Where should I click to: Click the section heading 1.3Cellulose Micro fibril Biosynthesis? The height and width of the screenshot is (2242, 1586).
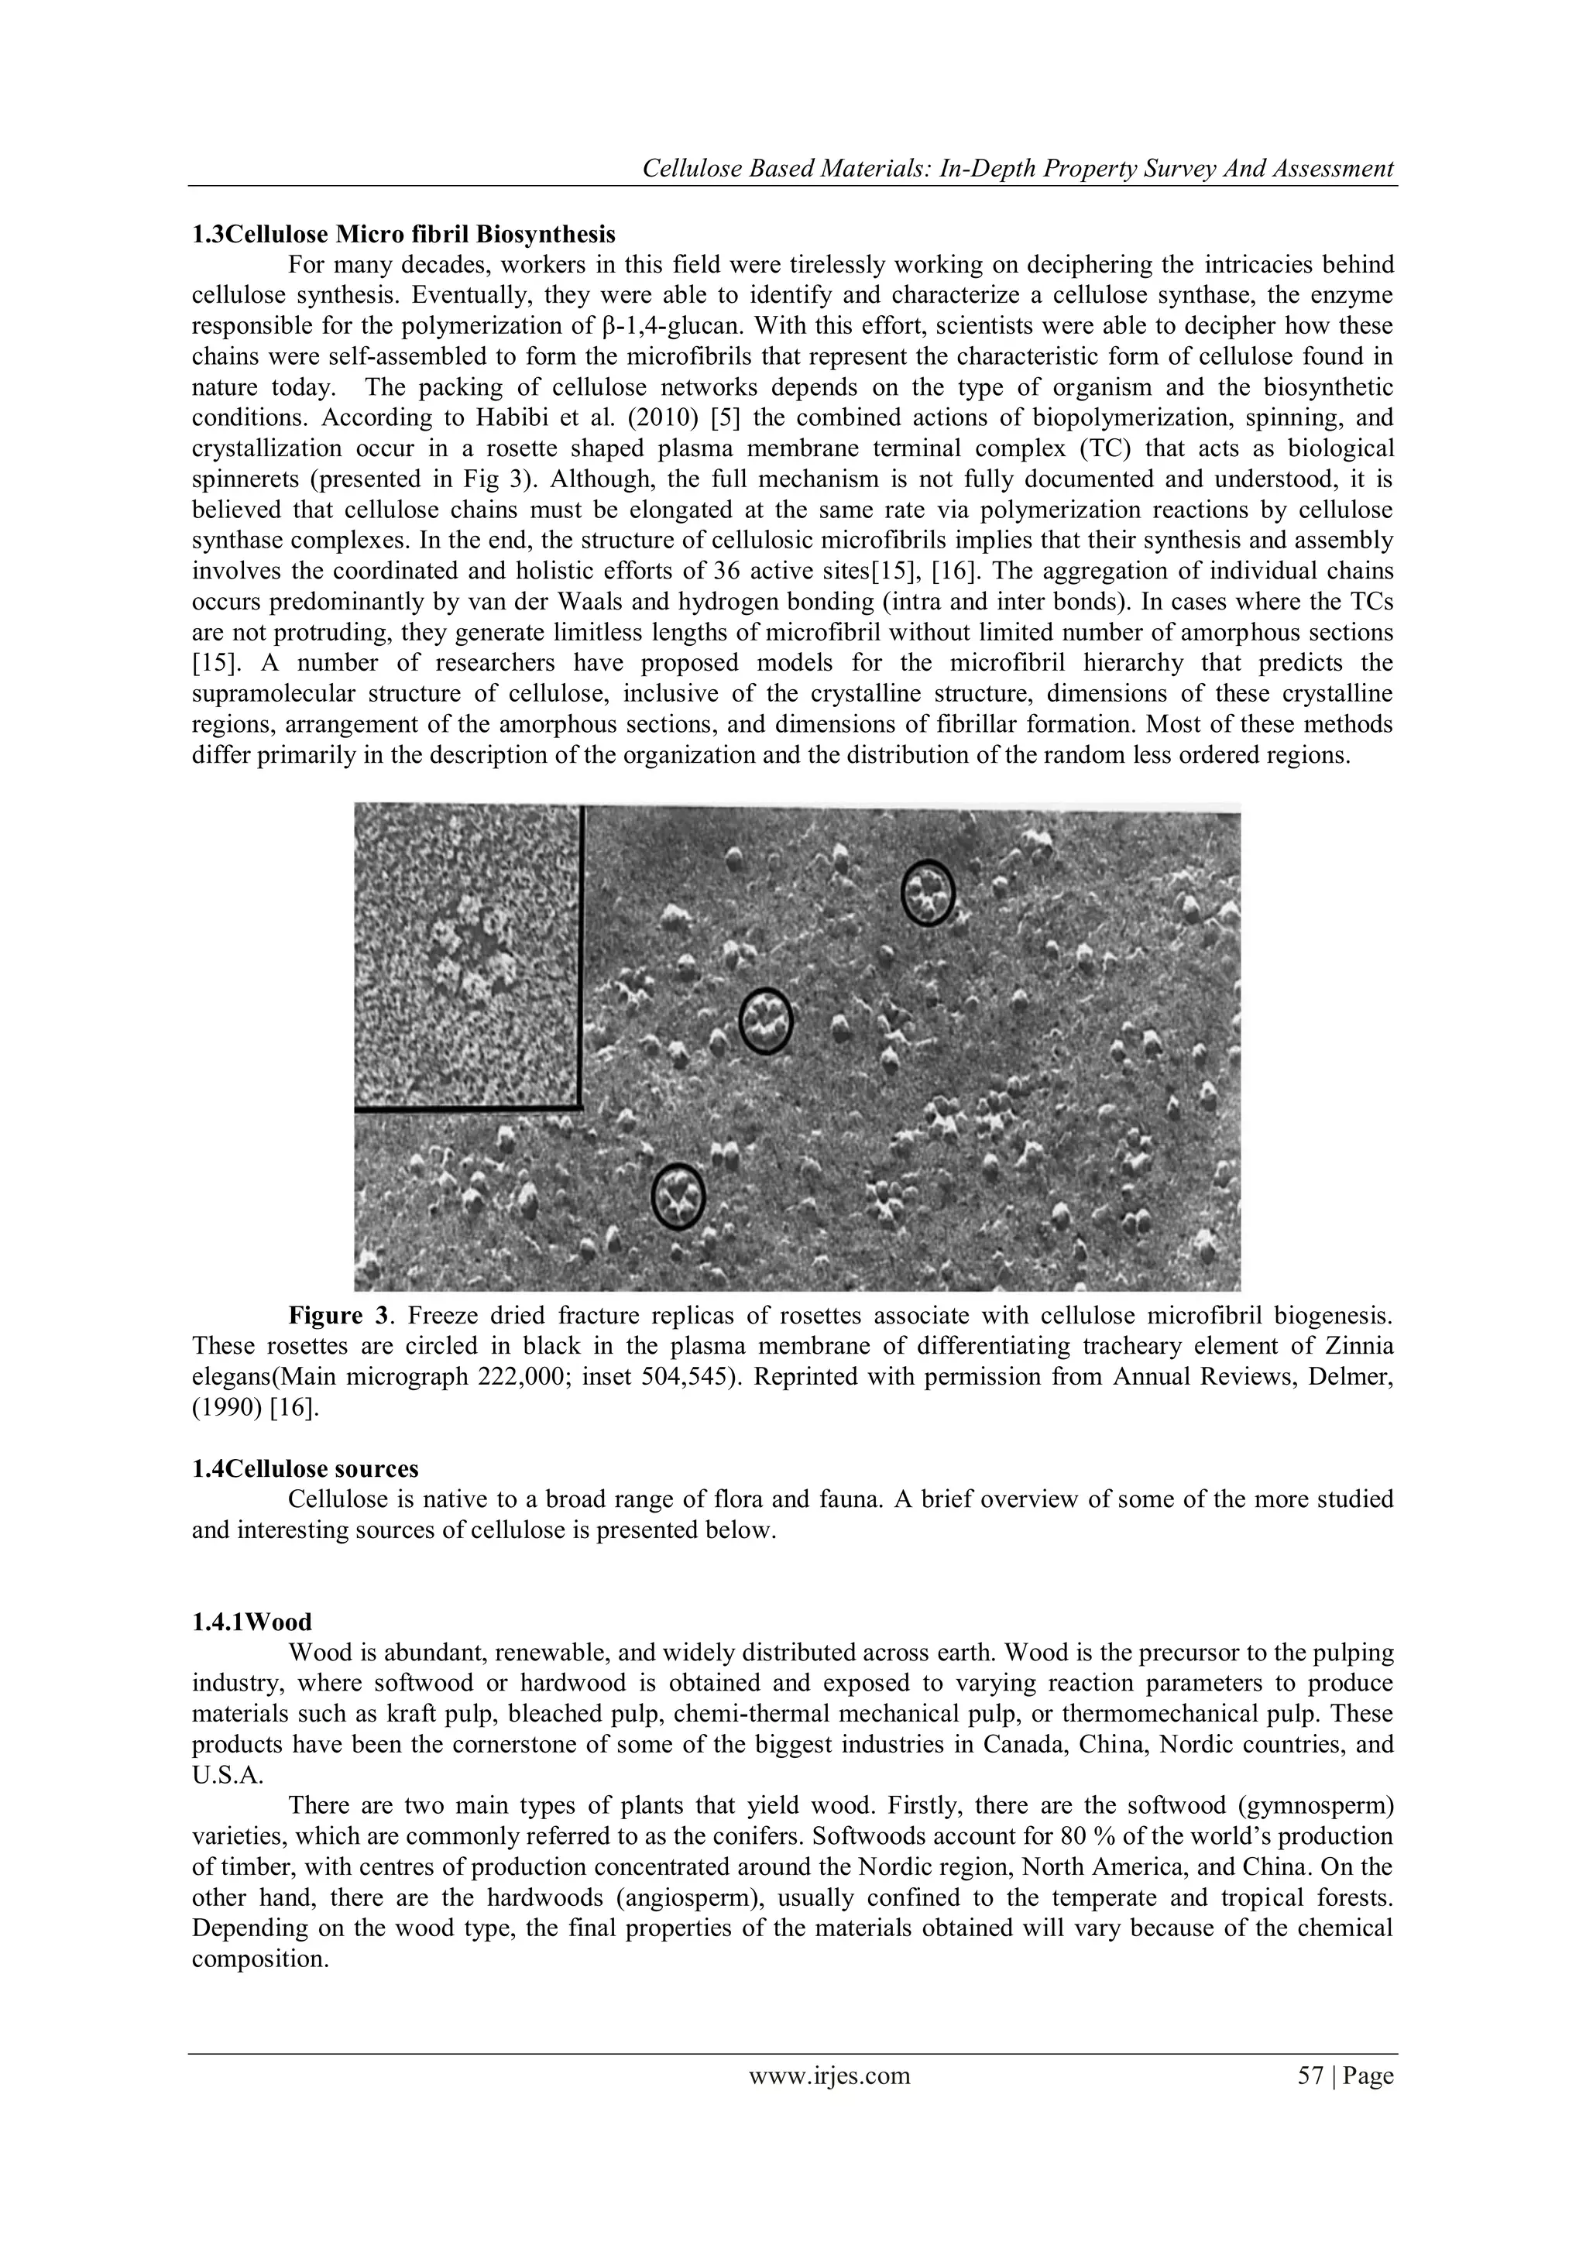403,235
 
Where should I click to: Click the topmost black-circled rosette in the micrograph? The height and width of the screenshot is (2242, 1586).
927,892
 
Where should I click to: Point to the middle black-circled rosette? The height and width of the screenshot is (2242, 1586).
766,1021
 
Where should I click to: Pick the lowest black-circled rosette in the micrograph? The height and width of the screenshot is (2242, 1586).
678,1197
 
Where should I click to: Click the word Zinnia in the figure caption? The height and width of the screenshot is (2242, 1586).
1358,1347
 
